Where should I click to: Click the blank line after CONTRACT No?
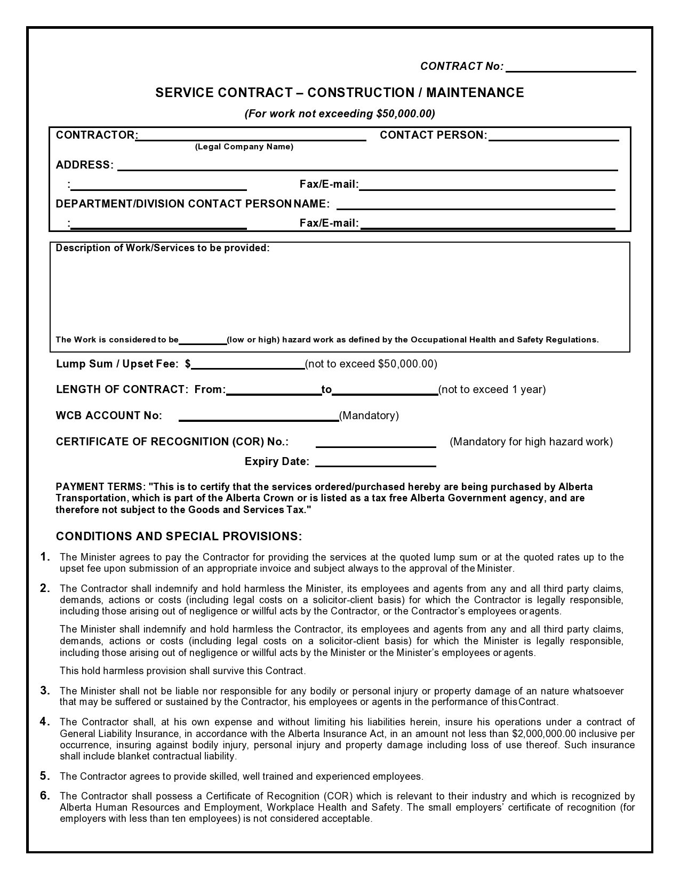571,68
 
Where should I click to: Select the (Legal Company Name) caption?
244,147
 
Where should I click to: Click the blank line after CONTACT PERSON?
553,137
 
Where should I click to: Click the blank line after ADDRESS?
367,167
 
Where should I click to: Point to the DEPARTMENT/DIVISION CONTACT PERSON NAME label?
193,204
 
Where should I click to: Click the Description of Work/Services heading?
163,248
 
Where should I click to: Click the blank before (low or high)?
203,341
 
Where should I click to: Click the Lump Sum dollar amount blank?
248,365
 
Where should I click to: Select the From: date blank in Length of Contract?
273,391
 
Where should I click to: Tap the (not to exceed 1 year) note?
492,389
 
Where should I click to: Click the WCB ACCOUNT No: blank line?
259,417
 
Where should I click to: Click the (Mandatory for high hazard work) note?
531,442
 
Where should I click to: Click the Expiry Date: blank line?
375,463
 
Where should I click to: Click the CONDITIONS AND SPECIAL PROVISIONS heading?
179,536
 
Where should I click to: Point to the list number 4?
45,722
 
